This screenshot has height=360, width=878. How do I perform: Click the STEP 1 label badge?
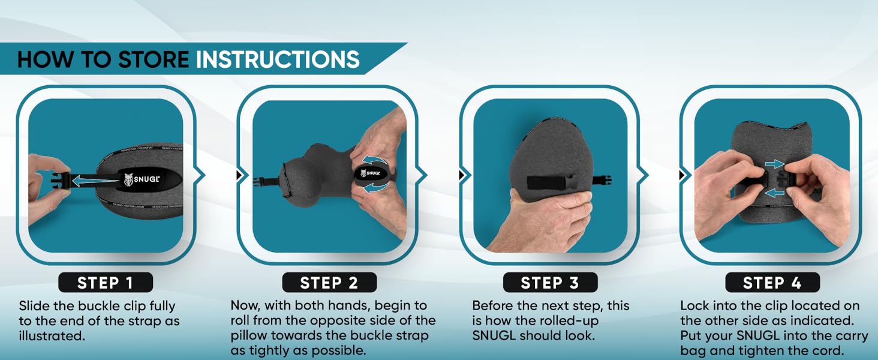tap(105, 283)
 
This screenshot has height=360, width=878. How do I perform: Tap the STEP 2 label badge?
tap(329, 283)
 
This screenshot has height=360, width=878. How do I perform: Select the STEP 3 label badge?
tap(549, 283)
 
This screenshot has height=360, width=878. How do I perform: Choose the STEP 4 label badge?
tap(772, 283)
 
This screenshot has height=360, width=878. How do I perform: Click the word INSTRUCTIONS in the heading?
tap(278, 59)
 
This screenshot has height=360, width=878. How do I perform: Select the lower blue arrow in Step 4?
tap(774, 193)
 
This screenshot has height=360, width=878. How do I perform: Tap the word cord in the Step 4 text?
tap(852, 351)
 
